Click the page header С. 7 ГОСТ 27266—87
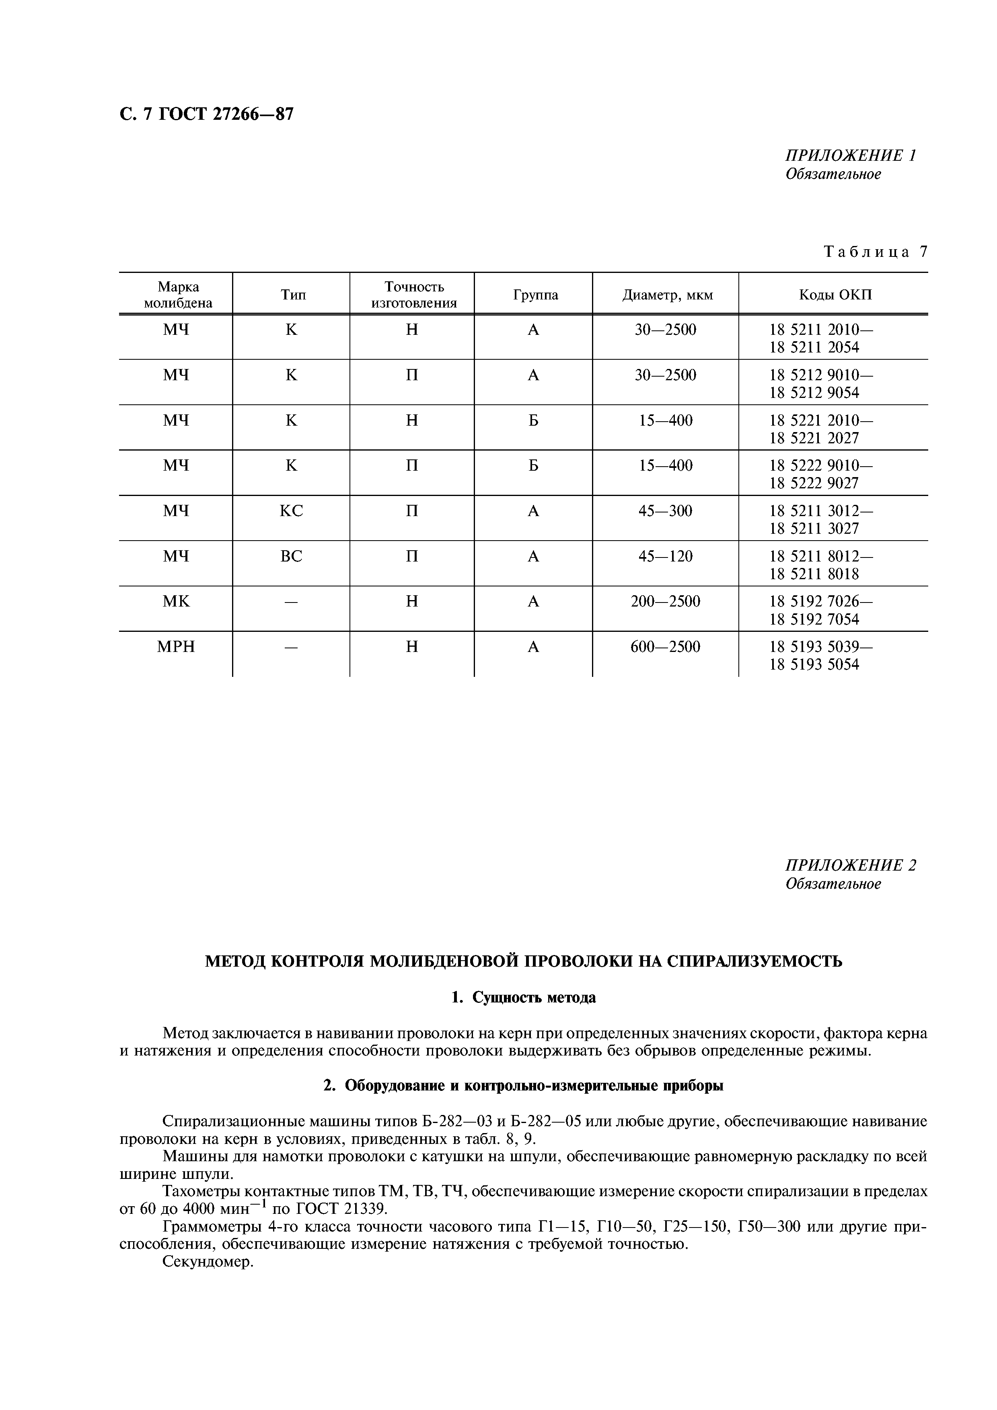coord(206,114)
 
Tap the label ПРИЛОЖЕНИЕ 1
coord(851,156)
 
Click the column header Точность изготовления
coord(413,295)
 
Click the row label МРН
coord(176,647)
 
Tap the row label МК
coord(176,602)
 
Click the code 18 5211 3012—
coord(821,511)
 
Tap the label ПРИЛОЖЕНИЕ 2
coord(851,865)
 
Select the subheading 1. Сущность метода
coord(523,998)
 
